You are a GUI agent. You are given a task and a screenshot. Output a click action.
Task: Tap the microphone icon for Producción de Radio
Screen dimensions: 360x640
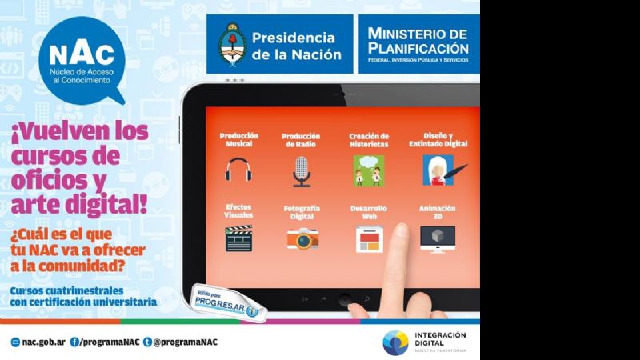(x=301, y=170)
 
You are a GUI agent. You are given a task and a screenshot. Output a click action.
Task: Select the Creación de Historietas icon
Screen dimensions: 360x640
(x=369, y=170)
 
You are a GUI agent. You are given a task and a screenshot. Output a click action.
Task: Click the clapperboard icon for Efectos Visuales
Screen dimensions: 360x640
(x=238, y=238)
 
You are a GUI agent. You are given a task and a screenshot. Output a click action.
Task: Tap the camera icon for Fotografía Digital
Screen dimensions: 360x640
(x=302, y=238)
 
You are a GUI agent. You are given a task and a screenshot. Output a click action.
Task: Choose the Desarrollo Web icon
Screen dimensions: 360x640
(x=369, y=238)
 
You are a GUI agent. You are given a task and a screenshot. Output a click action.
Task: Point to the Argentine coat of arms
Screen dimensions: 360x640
(x=230, y=44)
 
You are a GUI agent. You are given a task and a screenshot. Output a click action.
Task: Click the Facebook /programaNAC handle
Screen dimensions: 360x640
(x=104, y=342)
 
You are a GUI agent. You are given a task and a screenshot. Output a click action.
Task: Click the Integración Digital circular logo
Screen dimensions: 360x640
(x=395, y=342)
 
